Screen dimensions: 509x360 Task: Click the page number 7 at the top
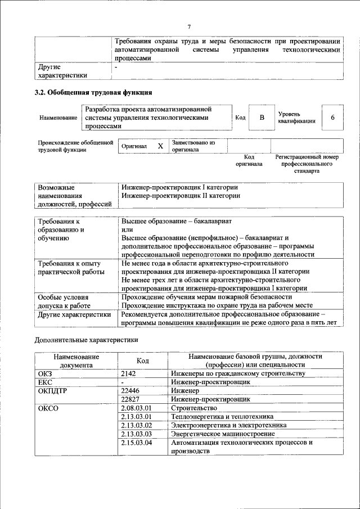click(x=190, y=27)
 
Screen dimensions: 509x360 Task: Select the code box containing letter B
click(x=262, y=118)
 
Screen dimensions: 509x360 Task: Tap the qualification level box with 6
click(x=333, y=118)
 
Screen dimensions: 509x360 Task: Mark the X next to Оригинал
click(x=160, y=146)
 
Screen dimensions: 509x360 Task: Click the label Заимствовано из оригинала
click(x=193, y=146)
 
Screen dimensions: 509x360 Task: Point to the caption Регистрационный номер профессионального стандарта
click(x=307, y=163)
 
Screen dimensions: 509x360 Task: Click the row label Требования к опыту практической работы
click(x=69, y=268)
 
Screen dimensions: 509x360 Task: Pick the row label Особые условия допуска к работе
click(x=64, y=301)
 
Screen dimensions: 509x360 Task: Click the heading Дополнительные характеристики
click(x=86, y=340)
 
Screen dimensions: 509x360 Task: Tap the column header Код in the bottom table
click(x=143, y=361)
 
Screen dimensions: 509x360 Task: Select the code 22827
click(x=131, y=399)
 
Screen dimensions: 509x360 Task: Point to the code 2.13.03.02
click(x=137, y=425)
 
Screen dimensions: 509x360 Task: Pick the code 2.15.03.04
click(x=137, y=443)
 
